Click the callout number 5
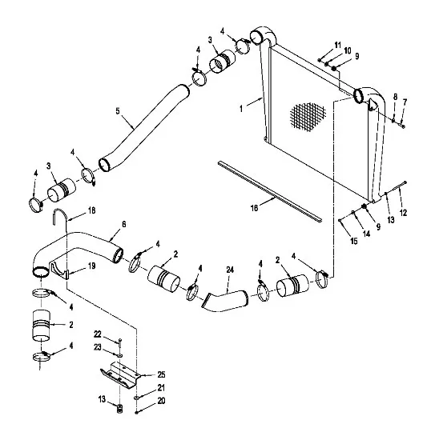(x=118, y=111)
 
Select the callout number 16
(x=255, y=208)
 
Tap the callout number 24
(x=230, y=270)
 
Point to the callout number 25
(x=162, y=374)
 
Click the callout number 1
(x=241, y=109)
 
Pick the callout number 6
(x=124, y=224)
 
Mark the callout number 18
(x=92, y=210)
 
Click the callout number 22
(x=98, y=334)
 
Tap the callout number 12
(x=403, y=213)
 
